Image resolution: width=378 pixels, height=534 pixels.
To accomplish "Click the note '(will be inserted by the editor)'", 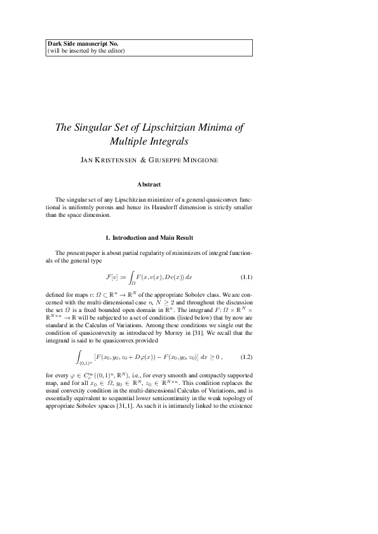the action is click(86, 51).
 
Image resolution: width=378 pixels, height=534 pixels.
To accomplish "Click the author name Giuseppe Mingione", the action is click(188, 160).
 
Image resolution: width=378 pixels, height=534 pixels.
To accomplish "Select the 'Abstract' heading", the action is click(150, 184).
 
